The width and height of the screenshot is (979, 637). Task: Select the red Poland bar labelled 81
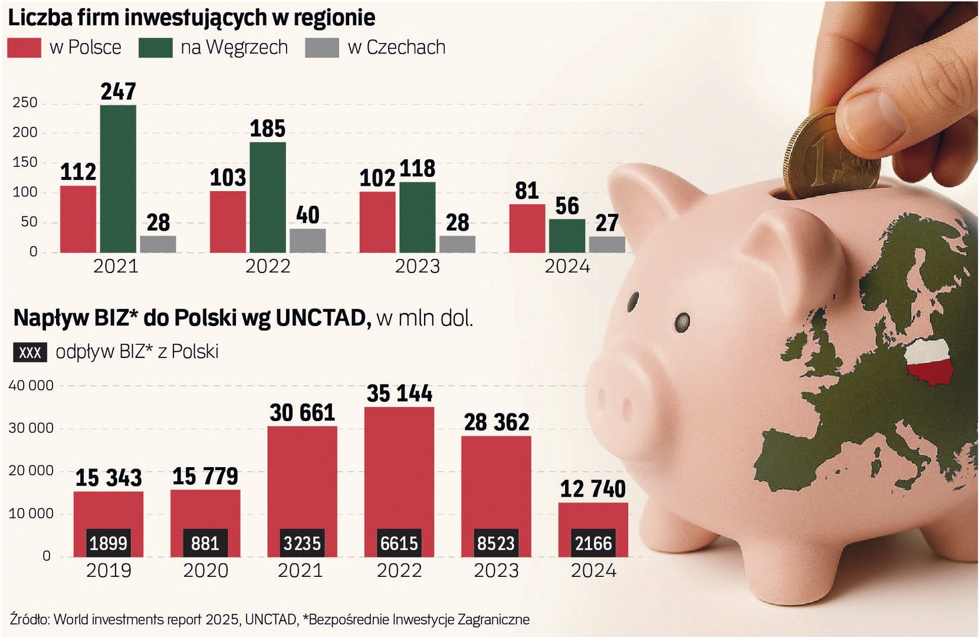(x=527, y=228)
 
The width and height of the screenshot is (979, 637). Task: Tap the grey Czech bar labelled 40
(x=307, y=241)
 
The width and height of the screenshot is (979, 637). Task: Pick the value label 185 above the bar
(x=267, y=129)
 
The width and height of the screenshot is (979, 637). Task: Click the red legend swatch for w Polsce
(x=24, y=48)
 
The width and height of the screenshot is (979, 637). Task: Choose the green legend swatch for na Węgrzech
(x=156, y=48)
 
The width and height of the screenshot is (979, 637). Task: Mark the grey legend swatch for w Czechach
(x=322, y=48)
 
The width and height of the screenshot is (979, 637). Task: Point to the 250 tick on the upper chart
(x=25, y=103)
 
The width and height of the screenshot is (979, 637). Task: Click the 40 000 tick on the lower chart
(x=31, y=386)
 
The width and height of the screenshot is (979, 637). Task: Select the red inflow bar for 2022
(x=399, y=466)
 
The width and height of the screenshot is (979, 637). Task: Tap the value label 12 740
(x=593, y=489)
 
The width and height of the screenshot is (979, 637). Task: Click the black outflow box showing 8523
(x=496, y=543)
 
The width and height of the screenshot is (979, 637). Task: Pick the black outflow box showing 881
(x=205, y=543)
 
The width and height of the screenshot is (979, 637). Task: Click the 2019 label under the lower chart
(x=109, y=570)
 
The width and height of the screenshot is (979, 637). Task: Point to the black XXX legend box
(x=30, y=353)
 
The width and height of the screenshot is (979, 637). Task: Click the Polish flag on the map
(x=929, y=362)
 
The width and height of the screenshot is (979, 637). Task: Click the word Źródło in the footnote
(x=29, y=619)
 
